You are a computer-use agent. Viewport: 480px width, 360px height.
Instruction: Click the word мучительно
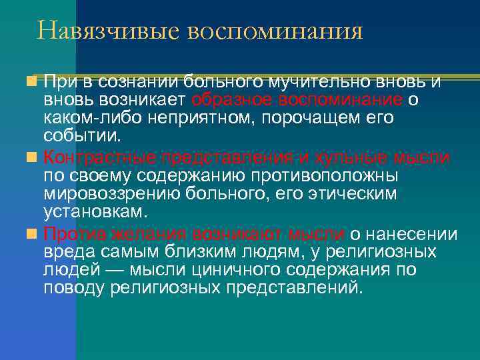pos(306,82)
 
